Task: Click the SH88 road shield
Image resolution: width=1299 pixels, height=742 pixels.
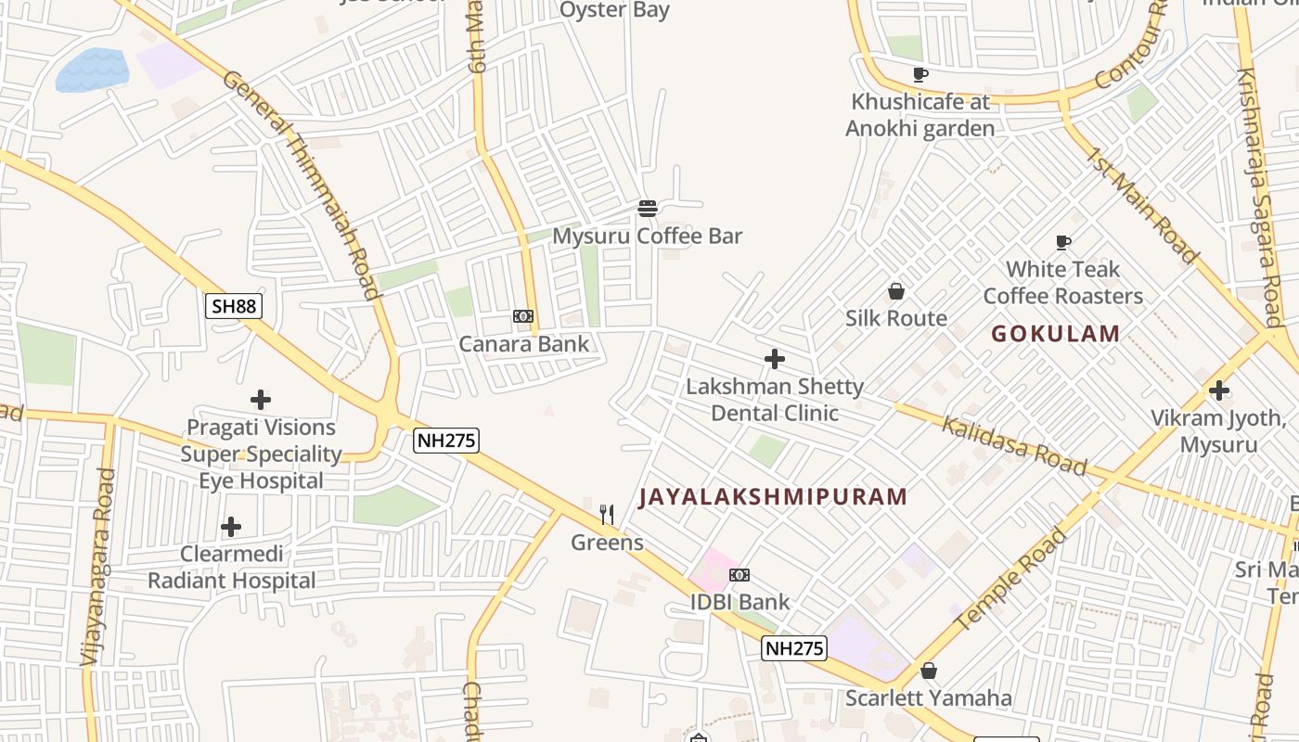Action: click(234, 306)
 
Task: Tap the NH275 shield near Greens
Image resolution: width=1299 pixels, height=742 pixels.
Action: click(446, 441)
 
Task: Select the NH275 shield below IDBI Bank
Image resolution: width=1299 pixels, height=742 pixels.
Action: click(794, 648)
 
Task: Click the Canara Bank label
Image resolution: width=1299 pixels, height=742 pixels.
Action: click(524, 344)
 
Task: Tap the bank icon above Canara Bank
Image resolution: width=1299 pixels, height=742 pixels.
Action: click(523, 317)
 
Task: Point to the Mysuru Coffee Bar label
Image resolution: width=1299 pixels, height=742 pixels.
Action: click(648, 237)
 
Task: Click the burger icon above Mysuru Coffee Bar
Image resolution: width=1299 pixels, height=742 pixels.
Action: click(648, 209)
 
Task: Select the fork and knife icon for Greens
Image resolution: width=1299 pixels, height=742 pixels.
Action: click(607, 514)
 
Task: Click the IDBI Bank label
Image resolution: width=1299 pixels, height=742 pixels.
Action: click(740, 602)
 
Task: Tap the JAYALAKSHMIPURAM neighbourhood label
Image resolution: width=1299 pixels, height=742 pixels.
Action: click(774, 497)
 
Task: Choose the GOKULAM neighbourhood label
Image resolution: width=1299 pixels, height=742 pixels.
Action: click(1056, 334)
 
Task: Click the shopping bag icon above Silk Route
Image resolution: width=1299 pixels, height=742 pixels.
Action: click(896, 292)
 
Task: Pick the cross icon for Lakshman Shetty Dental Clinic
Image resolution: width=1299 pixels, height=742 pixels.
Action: click(775, 359)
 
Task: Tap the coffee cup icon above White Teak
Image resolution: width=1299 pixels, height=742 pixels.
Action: click(1063, 243)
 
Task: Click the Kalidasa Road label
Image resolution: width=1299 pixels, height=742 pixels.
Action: click(1013, 445)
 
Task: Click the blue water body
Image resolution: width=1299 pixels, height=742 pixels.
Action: click(91, 70)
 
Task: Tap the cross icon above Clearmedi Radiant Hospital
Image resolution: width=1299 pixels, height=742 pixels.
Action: click(231, 528)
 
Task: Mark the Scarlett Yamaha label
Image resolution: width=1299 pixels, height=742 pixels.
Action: click(928, 697)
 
